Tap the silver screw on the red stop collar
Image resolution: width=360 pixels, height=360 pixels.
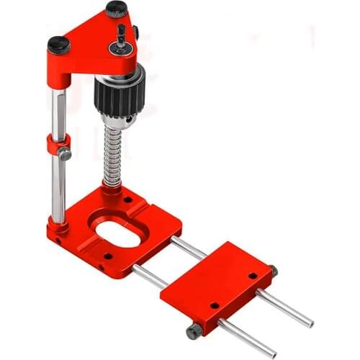(x=66, y=153)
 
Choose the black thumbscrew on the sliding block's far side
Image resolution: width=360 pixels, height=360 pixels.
(x=273, y=271)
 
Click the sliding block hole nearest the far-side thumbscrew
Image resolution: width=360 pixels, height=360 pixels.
(x=253, y=275)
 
